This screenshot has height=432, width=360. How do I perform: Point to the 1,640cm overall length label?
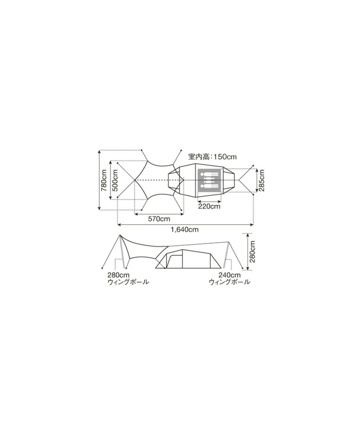tap(185, 229)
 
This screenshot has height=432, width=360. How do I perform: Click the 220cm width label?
tap(209, 206)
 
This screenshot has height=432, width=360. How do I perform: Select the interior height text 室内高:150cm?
tap(212, 157)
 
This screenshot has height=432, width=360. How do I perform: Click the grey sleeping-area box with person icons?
tap(209, 180)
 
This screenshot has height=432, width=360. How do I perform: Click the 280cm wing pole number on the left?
tap(119, 275)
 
